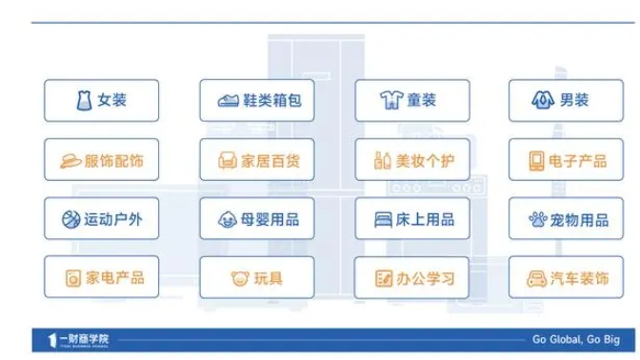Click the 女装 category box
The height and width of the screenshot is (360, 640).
click(101, 100)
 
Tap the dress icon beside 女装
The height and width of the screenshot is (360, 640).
click(84, 100)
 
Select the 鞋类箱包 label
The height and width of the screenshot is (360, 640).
click(269, 100)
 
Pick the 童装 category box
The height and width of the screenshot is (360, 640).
click(412, 100)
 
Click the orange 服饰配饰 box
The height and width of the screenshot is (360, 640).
click(101, 160)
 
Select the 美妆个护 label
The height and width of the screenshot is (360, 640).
click(426, 160)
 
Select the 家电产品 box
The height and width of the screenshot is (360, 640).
click(101, 278)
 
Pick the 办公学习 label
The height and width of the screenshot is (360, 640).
click(426, 279)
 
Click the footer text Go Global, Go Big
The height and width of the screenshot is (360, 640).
click(576, 339)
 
